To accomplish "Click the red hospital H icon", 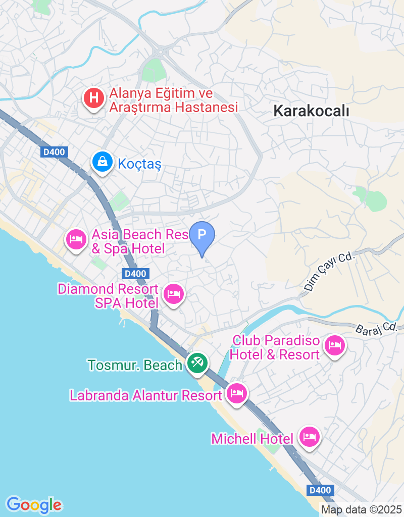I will click(93, 97).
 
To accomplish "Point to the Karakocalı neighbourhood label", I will click(311, 111).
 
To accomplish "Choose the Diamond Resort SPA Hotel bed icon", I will click(174, 293).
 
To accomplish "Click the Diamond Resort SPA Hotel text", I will click(108, 296).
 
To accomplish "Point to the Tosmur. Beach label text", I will click(134, 365).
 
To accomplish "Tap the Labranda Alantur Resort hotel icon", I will click(236, 392).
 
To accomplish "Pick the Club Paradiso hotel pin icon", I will click(335, 346).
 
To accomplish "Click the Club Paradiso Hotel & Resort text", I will click(276, 347).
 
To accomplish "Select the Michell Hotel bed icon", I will click(309, 436).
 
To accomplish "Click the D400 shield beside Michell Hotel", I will click(320, 490).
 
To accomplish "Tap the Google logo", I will click(34, 504).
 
